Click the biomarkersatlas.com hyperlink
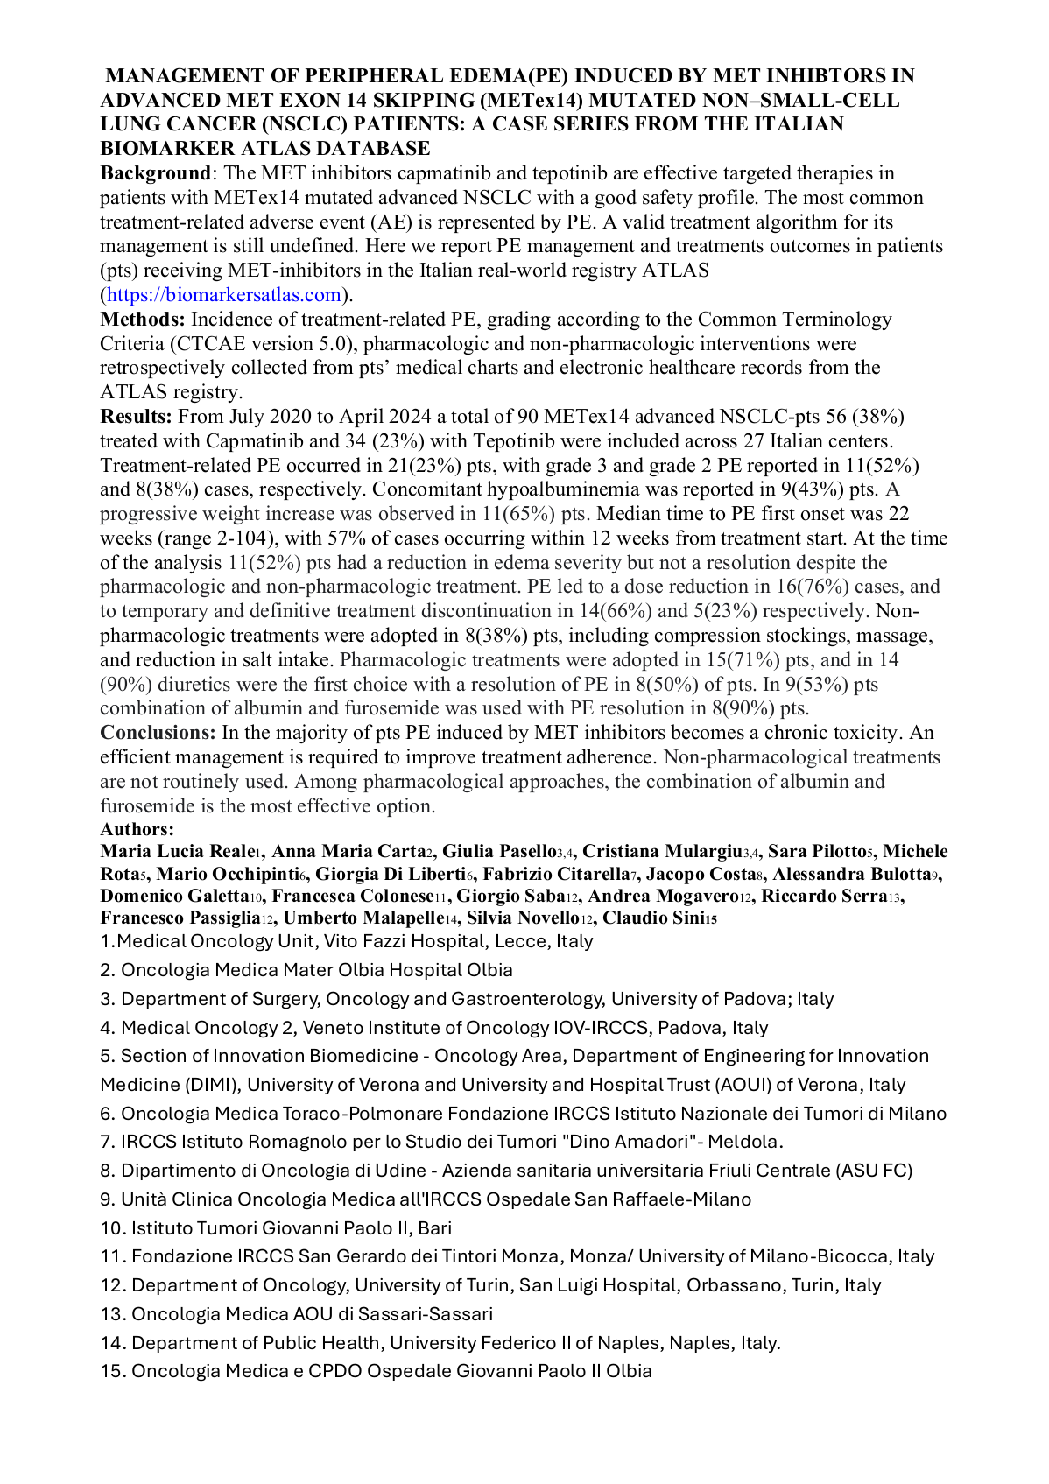click(x=223, y=295)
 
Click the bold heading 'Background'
click(x=155, y=173)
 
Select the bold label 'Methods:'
click(x=143, y=320)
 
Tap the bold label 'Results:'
click(x=137, y=416)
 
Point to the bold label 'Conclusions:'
click(x=158, y=733)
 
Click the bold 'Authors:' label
click(x=137, y=829)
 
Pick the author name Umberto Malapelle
click(x=363, y=918)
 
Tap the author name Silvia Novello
click(x=522, y=918)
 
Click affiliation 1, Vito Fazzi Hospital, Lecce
click(x=347, y=941)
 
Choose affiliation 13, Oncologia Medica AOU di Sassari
click(x=297, y=1313)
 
